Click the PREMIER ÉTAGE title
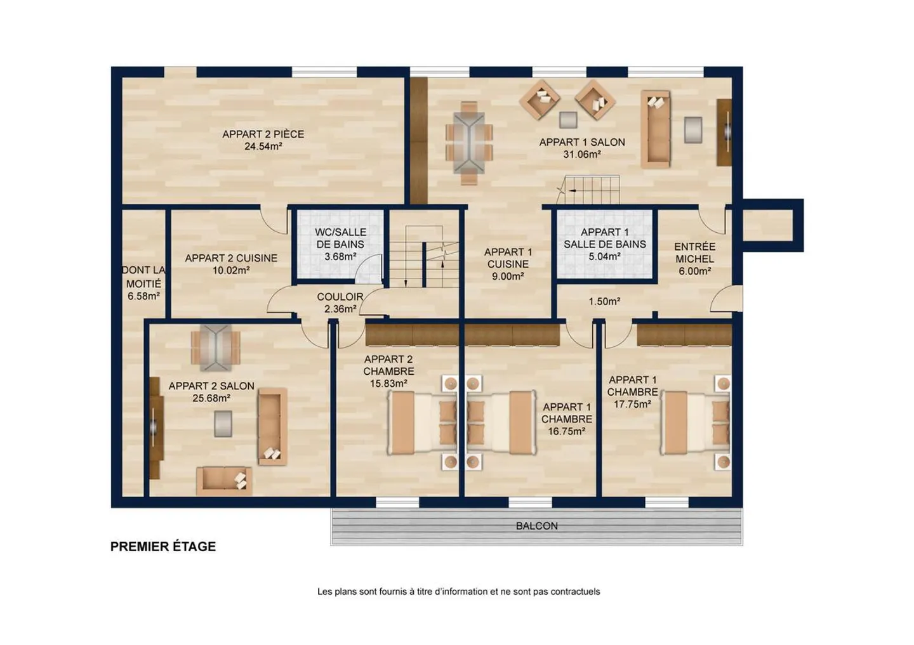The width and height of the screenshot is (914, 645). tap(162, 547)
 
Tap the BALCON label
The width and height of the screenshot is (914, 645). tap(536, 526)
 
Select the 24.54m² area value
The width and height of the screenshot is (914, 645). tap(263, 147)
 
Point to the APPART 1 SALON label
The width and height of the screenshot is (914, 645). tap(582, 142)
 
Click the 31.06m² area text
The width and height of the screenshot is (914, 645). tap(582, 155)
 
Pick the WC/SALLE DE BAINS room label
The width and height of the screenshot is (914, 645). tap(340, 238)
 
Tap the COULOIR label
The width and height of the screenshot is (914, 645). tap(340, 297)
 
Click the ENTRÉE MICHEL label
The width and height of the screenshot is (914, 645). tap(694, 253)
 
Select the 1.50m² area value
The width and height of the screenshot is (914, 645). tap(604, 301)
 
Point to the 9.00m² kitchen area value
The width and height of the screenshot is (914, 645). tap(508, 277)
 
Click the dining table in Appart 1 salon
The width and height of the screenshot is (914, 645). tap(469, 143)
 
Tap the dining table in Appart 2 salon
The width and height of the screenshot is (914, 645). tap(215, 348)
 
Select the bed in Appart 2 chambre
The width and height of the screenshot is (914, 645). tap(421, 422)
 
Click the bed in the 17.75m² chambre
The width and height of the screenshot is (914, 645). tap(695, 422)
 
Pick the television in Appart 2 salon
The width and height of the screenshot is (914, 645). tap(154, 427)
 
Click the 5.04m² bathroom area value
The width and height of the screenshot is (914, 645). tap(604, 256)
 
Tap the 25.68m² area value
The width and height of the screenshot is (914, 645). tap(211, 398)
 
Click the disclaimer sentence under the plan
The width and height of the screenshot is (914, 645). tap(459, 592)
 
